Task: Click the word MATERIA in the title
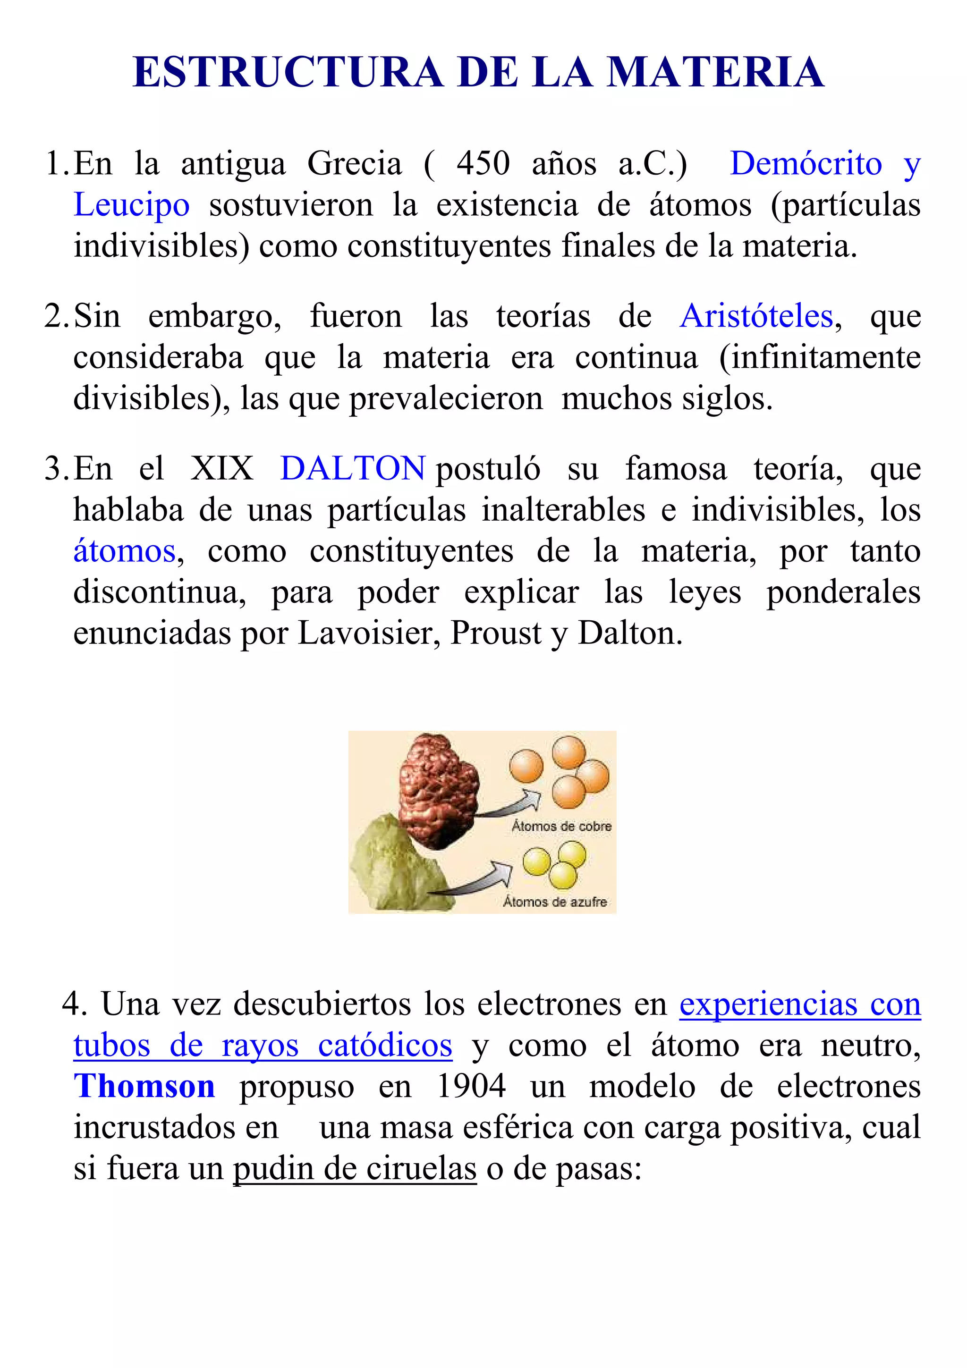click(x=715, y=73)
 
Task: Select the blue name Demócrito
click(x=806, y=164)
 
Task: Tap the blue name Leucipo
click(x=132, y=205)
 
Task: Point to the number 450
click(x=483, y=164)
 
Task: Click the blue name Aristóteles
click(x=756, y=316)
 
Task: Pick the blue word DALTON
click(x=353, y=468)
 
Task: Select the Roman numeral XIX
click(x=221, y=468)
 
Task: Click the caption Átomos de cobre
click(x=561, y=827)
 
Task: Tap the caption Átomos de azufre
click(x=555, y=902)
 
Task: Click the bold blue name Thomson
click(x=144, y=1087)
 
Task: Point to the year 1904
click(x=471, y=1087)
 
